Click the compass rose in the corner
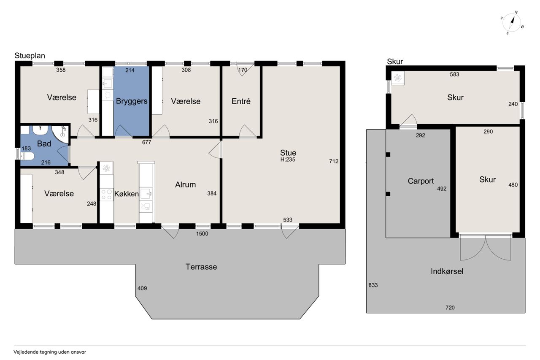[x=512, y=23]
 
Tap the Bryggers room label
[x=132, y=101]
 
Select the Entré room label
[x=241, y=101]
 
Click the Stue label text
[x=288, y=153]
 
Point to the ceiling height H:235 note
[x=288, y=160]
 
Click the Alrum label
[x=185, y=185]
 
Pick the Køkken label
[x=127, y=194]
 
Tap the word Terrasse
[x=201, y=267]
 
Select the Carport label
[x=421, y=181]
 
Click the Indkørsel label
[x=447, y=271]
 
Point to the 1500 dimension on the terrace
[x=202, y=234]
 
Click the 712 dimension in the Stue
[x=334, y=161]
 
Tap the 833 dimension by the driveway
[x=373, y=285]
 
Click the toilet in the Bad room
[x=27, y=156]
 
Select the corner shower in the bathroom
[x=61, y=135]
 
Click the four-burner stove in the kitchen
[x=106, y=195]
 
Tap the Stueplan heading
[x=30, y=56]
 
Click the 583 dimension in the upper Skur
[x=454, y=75]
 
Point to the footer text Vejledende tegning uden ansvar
[x=50, y=352]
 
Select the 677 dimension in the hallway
[x=146, y=142]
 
